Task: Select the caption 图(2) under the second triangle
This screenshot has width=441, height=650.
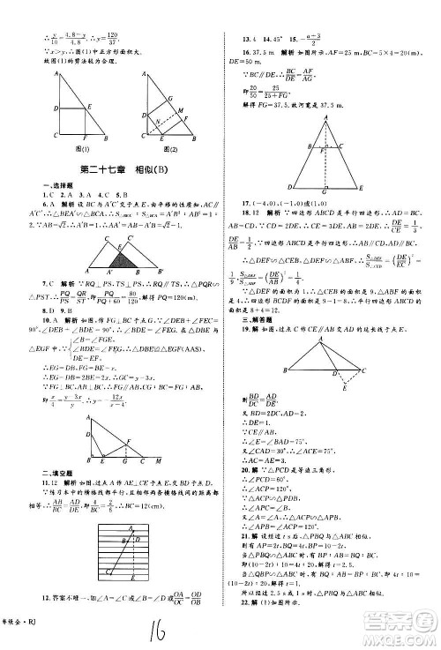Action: pyautogui.click(x=167, y=150)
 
